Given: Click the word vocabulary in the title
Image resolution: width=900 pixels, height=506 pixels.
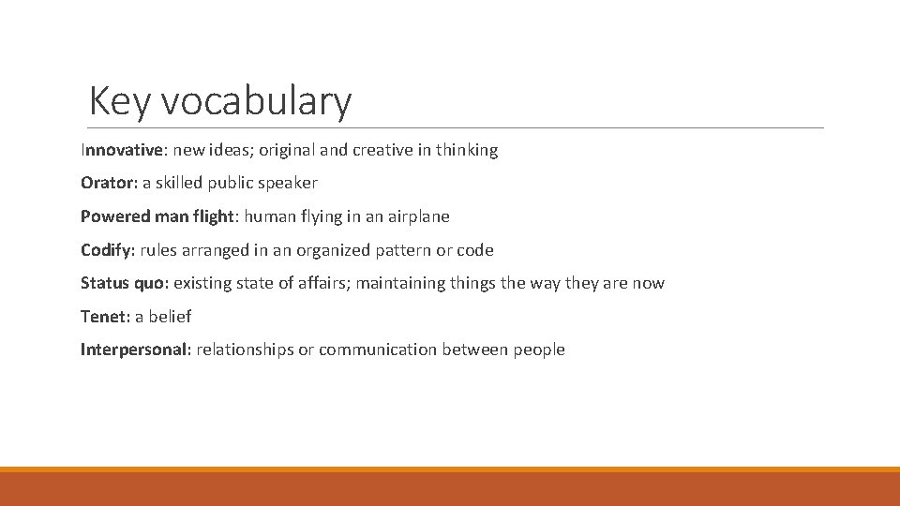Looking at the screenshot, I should (256, 101).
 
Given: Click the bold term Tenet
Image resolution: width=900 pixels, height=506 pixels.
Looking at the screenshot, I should (102, 317).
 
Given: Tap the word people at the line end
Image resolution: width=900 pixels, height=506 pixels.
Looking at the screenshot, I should (539, 350).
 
